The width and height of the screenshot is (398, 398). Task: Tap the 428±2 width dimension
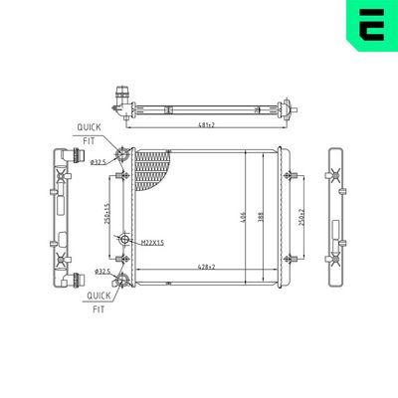[207, 267]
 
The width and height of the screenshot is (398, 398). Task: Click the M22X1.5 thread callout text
[152, 242]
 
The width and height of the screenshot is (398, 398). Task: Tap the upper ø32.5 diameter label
[99, 162]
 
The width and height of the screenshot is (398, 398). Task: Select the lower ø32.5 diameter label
[100, 271]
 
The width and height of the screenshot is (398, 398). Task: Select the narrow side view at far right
[335, 213]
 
